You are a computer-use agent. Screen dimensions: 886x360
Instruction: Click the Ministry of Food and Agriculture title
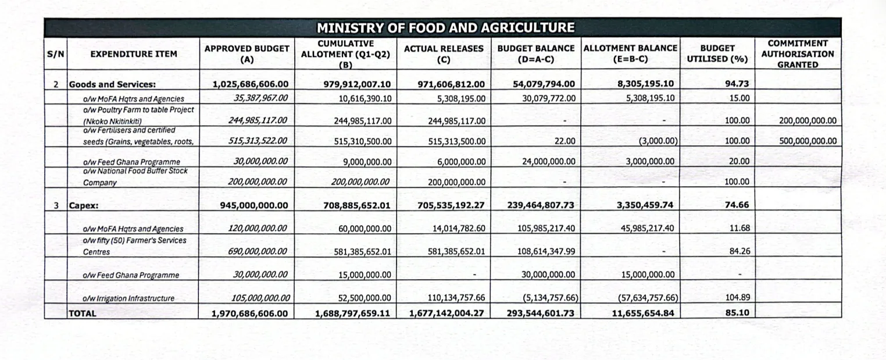click(445, 28)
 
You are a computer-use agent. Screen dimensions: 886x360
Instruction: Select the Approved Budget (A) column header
click(247, 54)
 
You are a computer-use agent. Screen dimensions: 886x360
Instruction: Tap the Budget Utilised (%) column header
click(717, 54)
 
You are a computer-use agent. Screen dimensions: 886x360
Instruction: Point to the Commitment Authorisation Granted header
click(798, 54)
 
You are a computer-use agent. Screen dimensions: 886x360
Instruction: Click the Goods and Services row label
click(112, 84)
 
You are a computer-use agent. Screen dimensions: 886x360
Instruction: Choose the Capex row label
click(84, 206)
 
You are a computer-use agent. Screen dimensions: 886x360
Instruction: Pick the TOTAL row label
click(83, 313)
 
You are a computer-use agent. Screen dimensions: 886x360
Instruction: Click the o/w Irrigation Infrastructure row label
click(128, 298)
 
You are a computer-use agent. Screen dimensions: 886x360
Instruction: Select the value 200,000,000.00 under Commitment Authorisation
click(808, 120)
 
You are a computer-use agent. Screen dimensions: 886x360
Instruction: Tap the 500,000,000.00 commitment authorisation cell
click(808, 141)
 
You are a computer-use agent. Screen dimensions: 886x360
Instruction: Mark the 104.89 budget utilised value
click(738, 297)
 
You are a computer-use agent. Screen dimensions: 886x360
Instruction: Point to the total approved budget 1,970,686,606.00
click(249, 313)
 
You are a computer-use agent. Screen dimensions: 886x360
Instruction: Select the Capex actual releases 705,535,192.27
click(451, 205)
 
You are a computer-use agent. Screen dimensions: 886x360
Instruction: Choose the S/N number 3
click(56, 205)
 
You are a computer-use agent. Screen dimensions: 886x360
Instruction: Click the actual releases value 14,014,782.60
click(459, 228)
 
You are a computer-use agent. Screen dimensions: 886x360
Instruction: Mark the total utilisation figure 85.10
click(737, 312)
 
